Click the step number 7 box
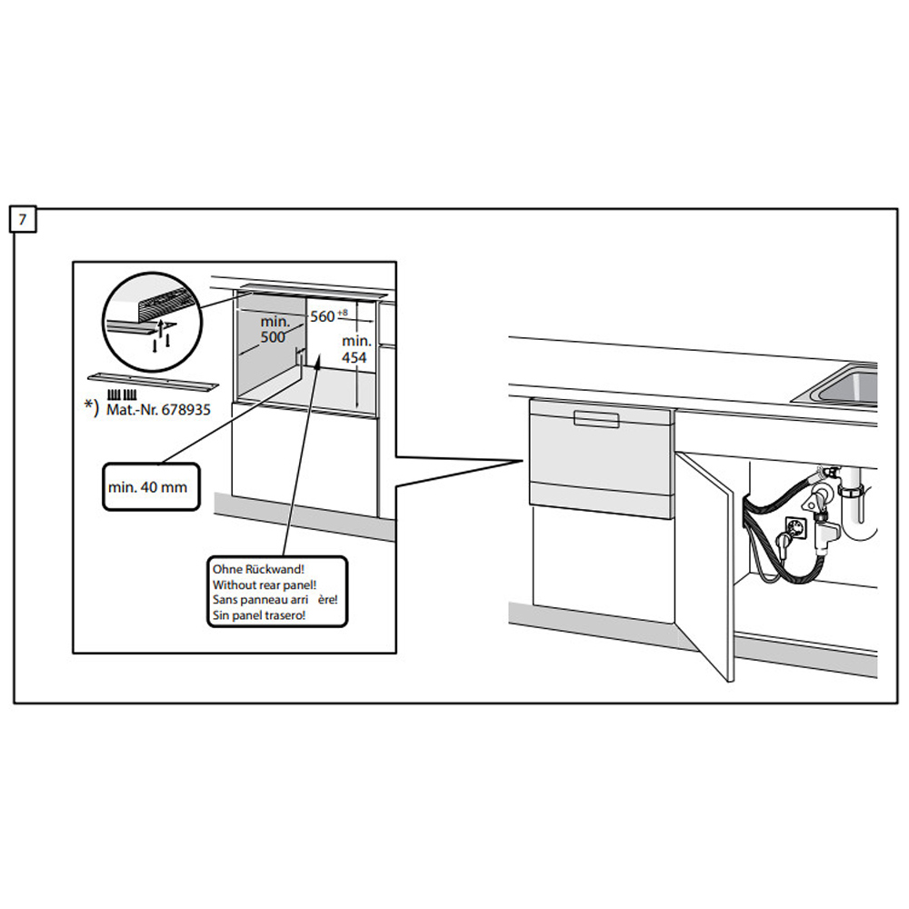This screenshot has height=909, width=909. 23,220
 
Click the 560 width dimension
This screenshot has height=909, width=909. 323,316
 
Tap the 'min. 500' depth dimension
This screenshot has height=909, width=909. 274,329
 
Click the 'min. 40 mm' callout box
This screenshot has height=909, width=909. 147,487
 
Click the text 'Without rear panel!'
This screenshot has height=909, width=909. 264,584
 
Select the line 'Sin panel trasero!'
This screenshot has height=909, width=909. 258,615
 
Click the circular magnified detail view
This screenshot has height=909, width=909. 151,318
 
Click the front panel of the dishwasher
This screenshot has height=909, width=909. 600,459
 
